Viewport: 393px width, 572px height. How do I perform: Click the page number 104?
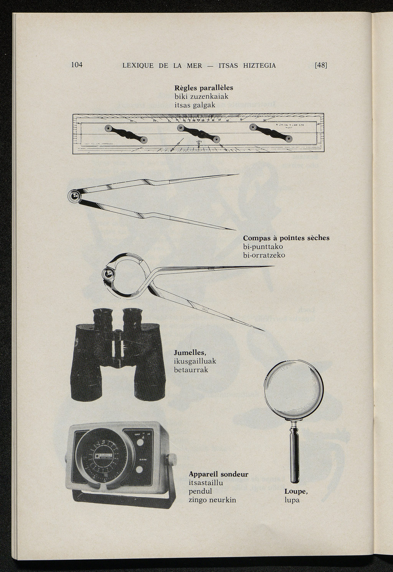pyautogui.click(x=77, y=64)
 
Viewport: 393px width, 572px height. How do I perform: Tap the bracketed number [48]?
pyautogui.click(x=321, y=65)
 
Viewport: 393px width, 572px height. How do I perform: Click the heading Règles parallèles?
pyautogui.click(x=204, y=88)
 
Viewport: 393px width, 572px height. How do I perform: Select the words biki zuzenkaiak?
pyautogui.click(x=201, y=96)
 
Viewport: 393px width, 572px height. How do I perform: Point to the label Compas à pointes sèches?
pyautogui.click(x=286, y=238)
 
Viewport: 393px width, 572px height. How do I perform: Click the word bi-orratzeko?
pyautogui.click(x=264, y=255)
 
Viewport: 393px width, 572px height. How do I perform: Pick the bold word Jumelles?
pyautogui.click(x=190, y=352)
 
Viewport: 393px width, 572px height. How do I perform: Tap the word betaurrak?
pyautogui.click(x=191, y=370)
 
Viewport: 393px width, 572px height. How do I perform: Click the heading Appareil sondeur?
pyautogui.click(x=218, y=474)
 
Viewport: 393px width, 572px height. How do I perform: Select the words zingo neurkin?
pyautogui.click(x=212, y=500)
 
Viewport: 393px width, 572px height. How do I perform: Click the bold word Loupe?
pyautogui.click(x=296, y=491)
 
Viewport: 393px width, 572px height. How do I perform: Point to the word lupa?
pyautogui.click(x=292, y=500)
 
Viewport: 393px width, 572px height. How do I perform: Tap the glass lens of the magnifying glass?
pyautogui.click(x=294, y=390)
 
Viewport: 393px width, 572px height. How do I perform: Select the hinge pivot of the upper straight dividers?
pyautogui.click(x=74, y=197)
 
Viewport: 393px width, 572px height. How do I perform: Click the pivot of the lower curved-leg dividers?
pyautogui.click(x=109, y=273)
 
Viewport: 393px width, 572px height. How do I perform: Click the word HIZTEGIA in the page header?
pyautogui.click(x=259, y=66)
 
